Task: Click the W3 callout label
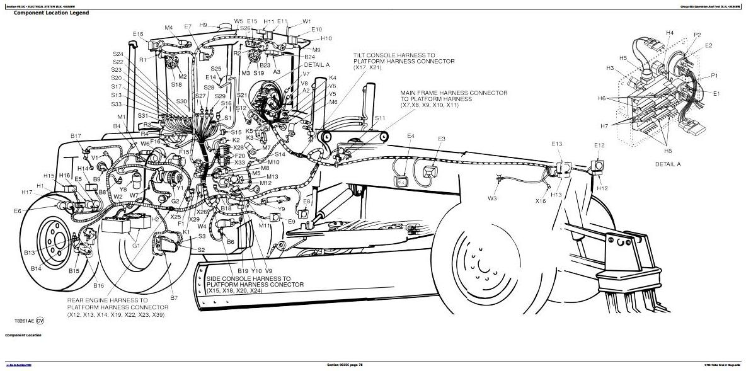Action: (492, 199)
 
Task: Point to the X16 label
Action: (541, 201)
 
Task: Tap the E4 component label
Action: (411, 136)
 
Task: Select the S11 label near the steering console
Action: (380, 118)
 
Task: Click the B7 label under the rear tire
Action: (174, 297)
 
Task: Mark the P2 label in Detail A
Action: (697, 35)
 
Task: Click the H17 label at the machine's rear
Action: (26, 192)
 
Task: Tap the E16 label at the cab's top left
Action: (139, 34)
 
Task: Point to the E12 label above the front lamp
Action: (599, 146)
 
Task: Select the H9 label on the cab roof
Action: (204, 25)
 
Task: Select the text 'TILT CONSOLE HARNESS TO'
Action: (394, 55)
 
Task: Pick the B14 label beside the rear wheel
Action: (36, 268)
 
